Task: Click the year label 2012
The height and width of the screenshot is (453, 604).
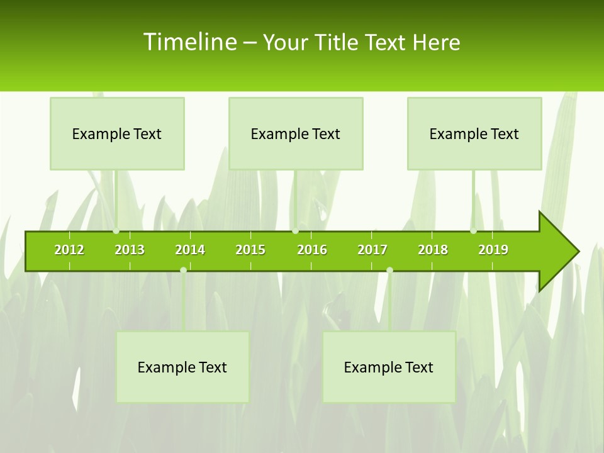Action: (x=69, y=250)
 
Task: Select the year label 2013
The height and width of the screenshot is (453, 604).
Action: (x=130, y=250)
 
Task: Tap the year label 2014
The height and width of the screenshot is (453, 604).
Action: (x=190, y=250)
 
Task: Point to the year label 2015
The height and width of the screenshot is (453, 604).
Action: (x=250, y=250)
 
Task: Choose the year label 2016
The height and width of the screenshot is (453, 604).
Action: (x=312, y=250)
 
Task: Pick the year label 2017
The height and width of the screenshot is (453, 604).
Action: (x=372, y=250)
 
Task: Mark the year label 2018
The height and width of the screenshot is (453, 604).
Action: (x=433, y=250)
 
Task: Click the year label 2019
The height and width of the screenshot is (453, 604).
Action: (x=493, y=250)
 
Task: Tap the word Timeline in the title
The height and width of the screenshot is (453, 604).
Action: (x=189, y=42)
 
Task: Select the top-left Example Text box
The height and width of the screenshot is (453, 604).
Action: (x=117, y=133)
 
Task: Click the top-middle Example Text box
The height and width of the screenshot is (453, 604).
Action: (x=296, y=133)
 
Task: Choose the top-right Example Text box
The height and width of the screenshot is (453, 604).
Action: (x=474, y=133)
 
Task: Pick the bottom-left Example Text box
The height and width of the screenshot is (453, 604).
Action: (x=182, y=367)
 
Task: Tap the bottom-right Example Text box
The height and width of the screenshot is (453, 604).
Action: (x=389, y=367)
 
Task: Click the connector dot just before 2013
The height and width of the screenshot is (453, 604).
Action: (x=116, y=231)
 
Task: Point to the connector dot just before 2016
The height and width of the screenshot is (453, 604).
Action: (x=296, y=231)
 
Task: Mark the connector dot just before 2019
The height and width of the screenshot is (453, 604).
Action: (x=474, y=231)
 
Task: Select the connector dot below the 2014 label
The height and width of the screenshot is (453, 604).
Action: (x=183, y=270)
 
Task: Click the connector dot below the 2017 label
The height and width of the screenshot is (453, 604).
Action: (x=389, y=270)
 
